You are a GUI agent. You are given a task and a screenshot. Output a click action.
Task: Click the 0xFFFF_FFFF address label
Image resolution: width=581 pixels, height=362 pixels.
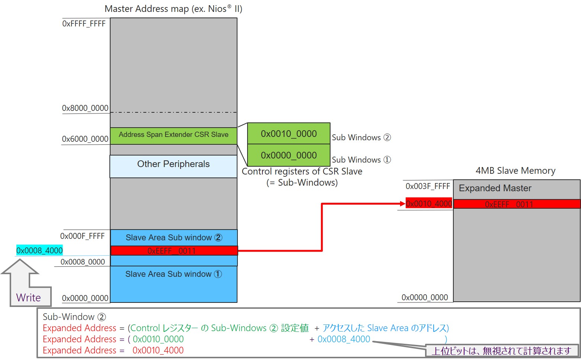pyautogui.click(x=84, y=24)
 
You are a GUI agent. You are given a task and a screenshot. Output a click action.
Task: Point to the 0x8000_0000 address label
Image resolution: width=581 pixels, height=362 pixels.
pyautogui.click(x=85, y=108)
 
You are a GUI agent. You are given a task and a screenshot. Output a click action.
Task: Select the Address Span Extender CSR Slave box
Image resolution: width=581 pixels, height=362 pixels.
pyautogui.click(x=173, y=135)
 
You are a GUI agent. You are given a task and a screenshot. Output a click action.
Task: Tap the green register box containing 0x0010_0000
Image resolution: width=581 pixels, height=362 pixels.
pyautogui.click(x=288, y=134)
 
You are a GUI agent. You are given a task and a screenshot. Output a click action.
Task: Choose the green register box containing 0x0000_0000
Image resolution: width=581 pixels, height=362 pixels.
pyautogui.click(x=288, y=155)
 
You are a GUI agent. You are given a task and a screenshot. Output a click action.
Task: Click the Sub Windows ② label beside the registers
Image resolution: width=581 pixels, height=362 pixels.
pyautogui.click(x=361, y=138)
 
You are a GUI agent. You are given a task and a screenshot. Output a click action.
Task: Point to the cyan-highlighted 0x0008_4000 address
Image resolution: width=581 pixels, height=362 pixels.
pyautogui.click(x=39, y=250)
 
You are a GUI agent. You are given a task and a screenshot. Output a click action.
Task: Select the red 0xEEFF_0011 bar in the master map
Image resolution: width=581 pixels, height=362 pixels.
pyautogui.click(x=173, y=251)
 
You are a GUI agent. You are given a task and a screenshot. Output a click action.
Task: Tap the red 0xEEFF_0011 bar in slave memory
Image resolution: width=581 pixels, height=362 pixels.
pyautogui.click(x=517, y=204)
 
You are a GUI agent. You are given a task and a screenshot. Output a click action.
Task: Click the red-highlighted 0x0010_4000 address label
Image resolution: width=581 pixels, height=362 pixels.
pyautogui.click(x=429, y=204)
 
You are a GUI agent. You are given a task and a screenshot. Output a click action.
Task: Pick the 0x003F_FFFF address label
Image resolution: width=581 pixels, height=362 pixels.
pyautogui.click(x=428, y=186)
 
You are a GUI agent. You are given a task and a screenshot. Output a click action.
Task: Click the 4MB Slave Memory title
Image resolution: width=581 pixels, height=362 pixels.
pyautogui.click(x=515, y=171)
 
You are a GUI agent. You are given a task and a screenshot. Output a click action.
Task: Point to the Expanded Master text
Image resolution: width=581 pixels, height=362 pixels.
pyautogui.click(x=495, y=188)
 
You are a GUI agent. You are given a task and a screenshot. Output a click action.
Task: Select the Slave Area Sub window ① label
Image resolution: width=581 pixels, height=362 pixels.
pyautogui.click(x=173, y=274)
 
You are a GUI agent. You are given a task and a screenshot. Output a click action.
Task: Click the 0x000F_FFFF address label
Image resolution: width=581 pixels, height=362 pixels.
pyautogui.click(x=82, y=236)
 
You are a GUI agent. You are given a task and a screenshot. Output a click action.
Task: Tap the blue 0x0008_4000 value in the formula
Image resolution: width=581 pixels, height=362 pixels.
pyautogui.click(x=344, y=339)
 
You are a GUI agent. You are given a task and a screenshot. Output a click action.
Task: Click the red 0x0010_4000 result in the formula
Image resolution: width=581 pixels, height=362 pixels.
pyautogui.click(x=158, y=350)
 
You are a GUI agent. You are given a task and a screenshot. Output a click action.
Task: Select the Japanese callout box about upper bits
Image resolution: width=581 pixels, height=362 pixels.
pyautogui.click(x=501, y=350)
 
